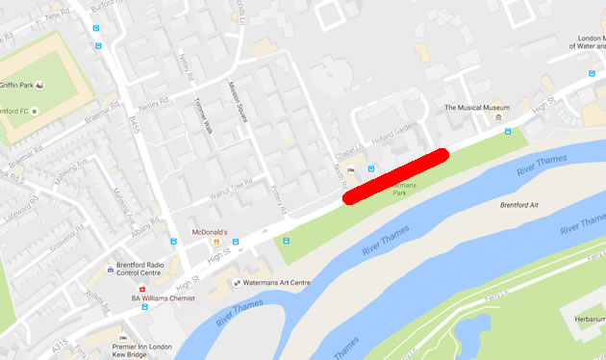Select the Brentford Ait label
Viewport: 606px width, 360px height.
(x=521, y=205)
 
